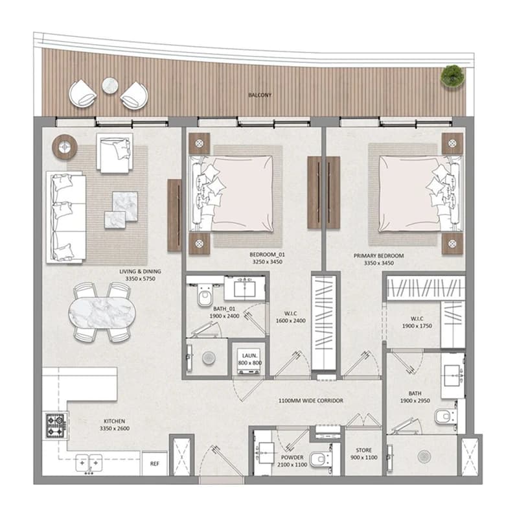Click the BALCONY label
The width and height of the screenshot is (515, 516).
[x=260, y=95]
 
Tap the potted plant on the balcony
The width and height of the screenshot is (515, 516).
[x=453, y=76]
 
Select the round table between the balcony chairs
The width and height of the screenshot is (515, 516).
[x=110, y=86]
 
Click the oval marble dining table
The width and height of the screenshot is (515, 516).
[x=102, y=312]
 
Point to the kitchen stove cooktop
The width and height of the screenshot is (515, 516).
[x=55, y=425]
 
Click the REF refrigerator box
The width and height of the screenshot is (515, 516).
[x=155, y=463]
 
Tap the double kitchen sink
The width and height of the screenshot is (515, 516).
[x=89, y=463]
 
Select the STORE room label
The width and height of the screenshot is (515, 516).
[x=363, y=450]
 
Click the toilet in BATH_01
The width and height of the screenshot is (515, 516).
[x=205, y=295]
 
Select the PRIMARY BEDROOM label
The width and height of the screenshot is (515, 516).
[x=378, y=255]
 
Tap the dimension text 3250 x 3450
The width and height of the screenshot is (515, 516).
[x=267, y=262]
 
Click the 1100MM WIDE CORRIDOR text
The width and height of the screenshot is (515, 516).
[x=311, y=401]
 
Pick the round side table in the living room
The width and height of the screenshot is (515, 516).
[x=65, y=147]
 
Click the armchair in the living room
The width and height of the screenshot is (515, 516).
[x=115, y=153]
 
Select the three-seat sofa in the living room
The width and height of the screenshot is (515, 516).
[x=66, y=217]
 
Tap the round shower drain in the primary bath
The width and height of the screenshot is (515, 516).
[x=424, y=456]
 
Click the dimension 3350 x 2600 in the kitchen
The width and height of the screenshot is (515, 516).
[x=115, y=428]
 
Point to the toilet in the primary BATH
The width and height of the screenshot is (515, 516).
[x=445, y=416]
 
